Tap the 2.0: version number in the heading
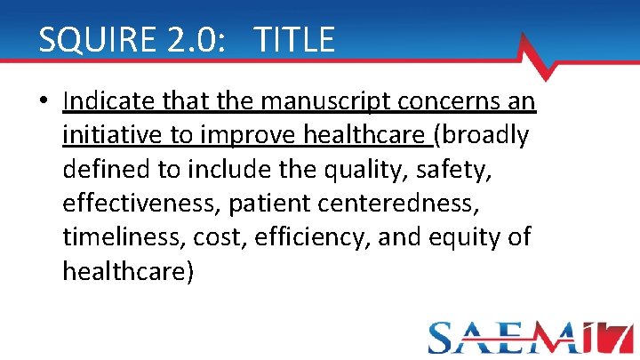[189, 40]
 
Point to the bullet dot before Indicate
[44, 103]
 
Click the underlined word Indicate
[112, 102]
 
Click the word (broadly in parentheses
[480, 136]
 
